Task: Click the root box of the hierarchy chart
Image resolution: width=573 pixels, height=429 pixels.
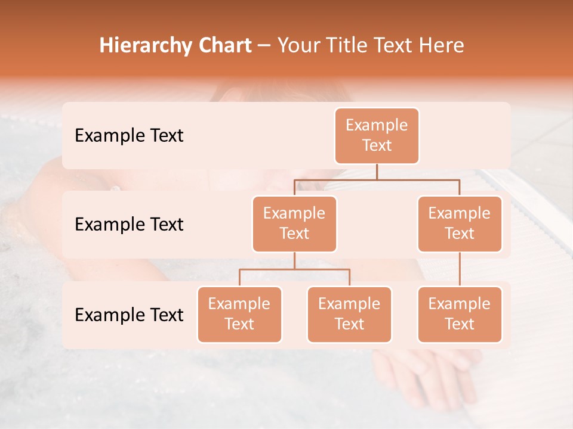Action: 377,136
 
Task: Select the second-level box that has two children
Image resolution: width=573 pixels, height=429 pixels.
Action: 294,224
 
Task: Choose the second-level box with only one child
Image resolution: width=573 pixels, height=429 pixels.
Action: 460,224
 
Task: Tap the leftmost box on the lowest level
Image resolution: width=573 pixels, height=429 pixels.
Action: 239,315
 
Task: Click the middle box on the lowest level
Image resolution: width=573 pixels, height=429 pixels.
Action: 349,315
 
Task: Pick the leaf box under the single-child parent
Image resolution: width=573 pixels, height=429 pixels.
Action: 460,315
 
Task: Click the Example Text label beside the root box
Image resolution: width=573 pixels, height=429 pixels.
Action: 129,136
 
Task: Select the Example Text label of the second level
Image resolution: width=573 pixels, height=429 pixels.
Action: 129,225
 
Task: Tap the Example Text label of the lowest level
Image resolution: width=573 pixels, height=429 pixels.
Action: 129,315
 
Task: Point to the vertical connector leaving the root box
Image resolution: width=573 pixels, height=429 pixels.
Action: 377,172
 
